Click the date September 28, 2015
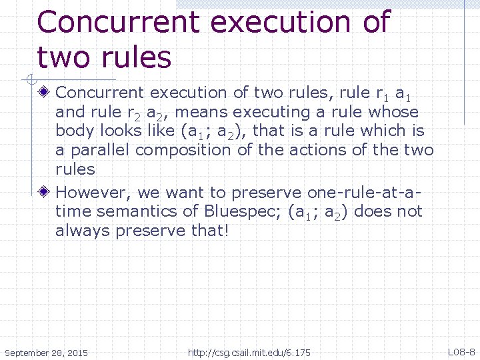click(45, 352)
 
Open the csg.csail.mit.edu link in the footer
click(249, 352)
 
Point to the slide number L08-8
click(461, 351)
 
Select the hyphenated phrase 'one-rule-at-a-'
click(365, 193)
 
